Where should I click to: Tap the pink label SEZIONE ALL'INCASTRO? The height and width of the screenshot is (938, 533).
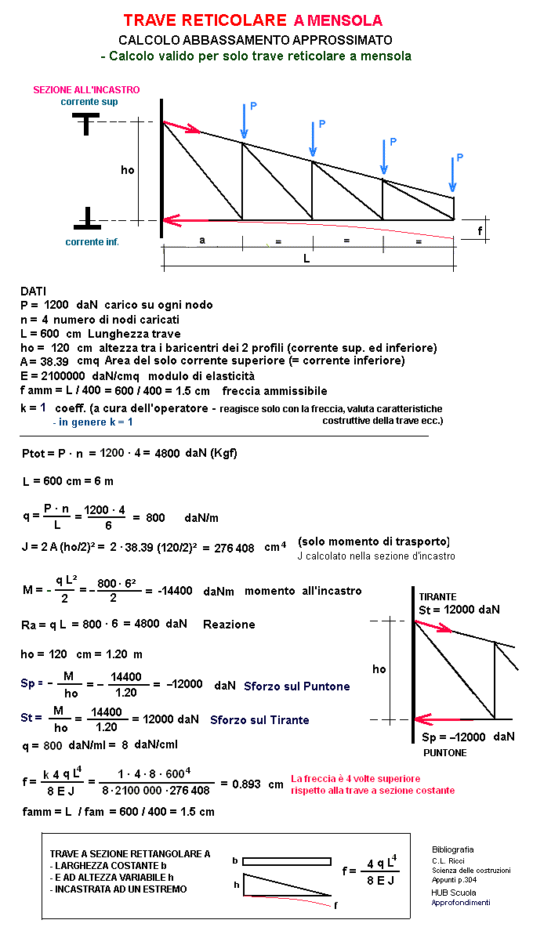click(86, 90)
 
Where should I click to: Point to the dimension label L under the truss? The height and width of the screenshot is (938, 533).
click(306, 259)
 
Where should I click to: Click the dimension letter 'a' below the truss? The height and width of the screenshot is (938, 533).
click(202, 241)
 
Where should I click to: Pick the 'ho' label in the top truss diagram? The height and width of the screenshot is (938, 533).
click(127, 169)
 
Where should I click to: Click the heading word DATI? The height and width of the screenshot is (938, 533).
click(34, 291)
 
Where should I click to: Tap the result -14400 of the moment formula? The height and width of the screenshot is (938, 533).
click(175, 591)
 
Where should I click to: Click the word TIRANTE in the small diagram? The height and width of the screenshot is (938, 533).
click(437, 596)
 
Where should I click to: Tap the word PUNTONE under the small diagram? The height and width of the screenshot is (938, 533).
click(444, 752)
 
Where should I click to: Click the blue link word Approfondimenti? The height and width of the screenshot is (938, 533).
click(461, 903)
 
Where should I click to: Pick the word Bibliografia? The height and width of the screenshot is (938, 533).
click(453, 849)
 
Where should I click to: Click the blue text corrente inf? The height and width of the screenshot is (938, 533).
click(92, 242)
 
